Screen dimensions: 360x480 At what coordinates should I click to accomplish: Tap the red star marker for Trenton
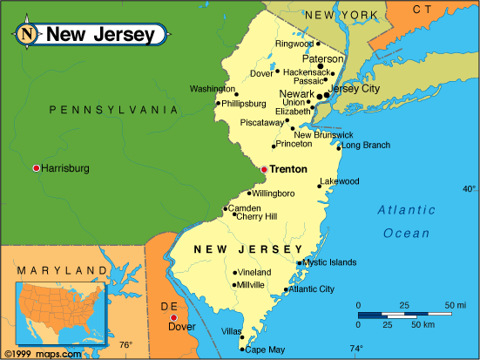[264, 169]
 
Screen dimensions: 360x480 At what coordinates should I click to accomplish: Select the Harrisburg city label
[67, 168]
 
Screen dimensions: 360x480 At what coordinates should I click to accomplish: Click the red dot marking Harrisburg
[36, 167]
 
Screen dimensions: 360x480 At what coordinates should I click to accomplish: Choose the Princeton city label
[294, 144]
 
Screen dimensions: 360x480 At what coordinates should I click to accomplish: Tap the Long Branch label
[366, 146]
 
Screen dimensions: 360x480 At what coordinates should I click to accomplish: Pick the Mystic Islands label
[330, 262]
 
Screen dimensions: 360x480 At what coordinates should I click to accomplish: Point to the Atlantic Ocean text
[406, 221]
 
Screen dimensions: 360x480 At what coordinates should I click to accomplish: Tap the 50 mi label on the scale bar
[455, 304]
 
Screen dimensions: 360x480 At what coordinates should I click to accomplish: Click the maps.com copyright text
[44, 354]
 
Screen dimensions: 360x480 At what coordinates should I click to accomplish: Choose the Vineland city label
[254, 273]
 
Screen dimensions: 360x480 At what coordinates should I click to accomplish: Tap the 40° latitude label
[469, 189]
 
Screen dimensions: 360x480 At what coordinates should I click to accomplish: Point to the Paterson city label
[322, 58]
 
